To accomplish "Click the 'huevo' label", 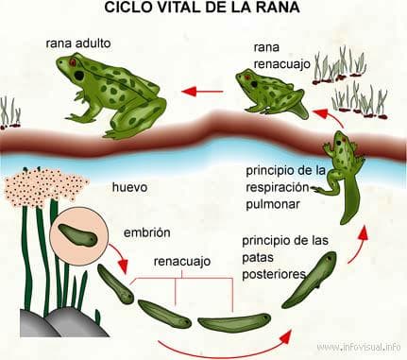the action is coord(128,187).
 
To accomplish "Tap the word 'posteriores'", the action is coord(274,273).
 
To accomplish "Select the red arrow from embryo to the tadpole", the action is coord(117,253).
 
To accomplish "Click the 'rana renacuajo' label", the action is coord(279,56).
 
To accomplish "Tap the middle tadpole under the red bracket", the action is coord(164,314).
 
